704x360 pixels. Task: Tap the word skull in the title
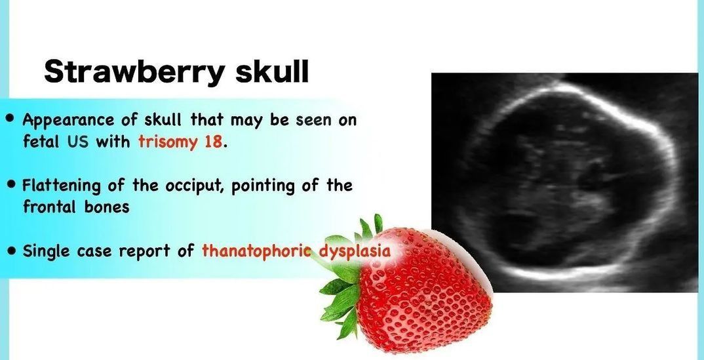tap(273, 71)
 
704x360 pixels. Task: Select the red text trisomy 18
tap(180, 142)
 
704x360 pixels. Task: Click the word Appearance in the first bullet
tap(68, 121)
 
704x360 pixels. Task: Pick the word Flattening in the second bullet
tap(62, 186)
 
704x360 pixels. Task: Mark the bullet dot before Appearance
tap(10, 119)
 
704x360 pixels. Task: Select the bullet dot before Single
tap(10, 250)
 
